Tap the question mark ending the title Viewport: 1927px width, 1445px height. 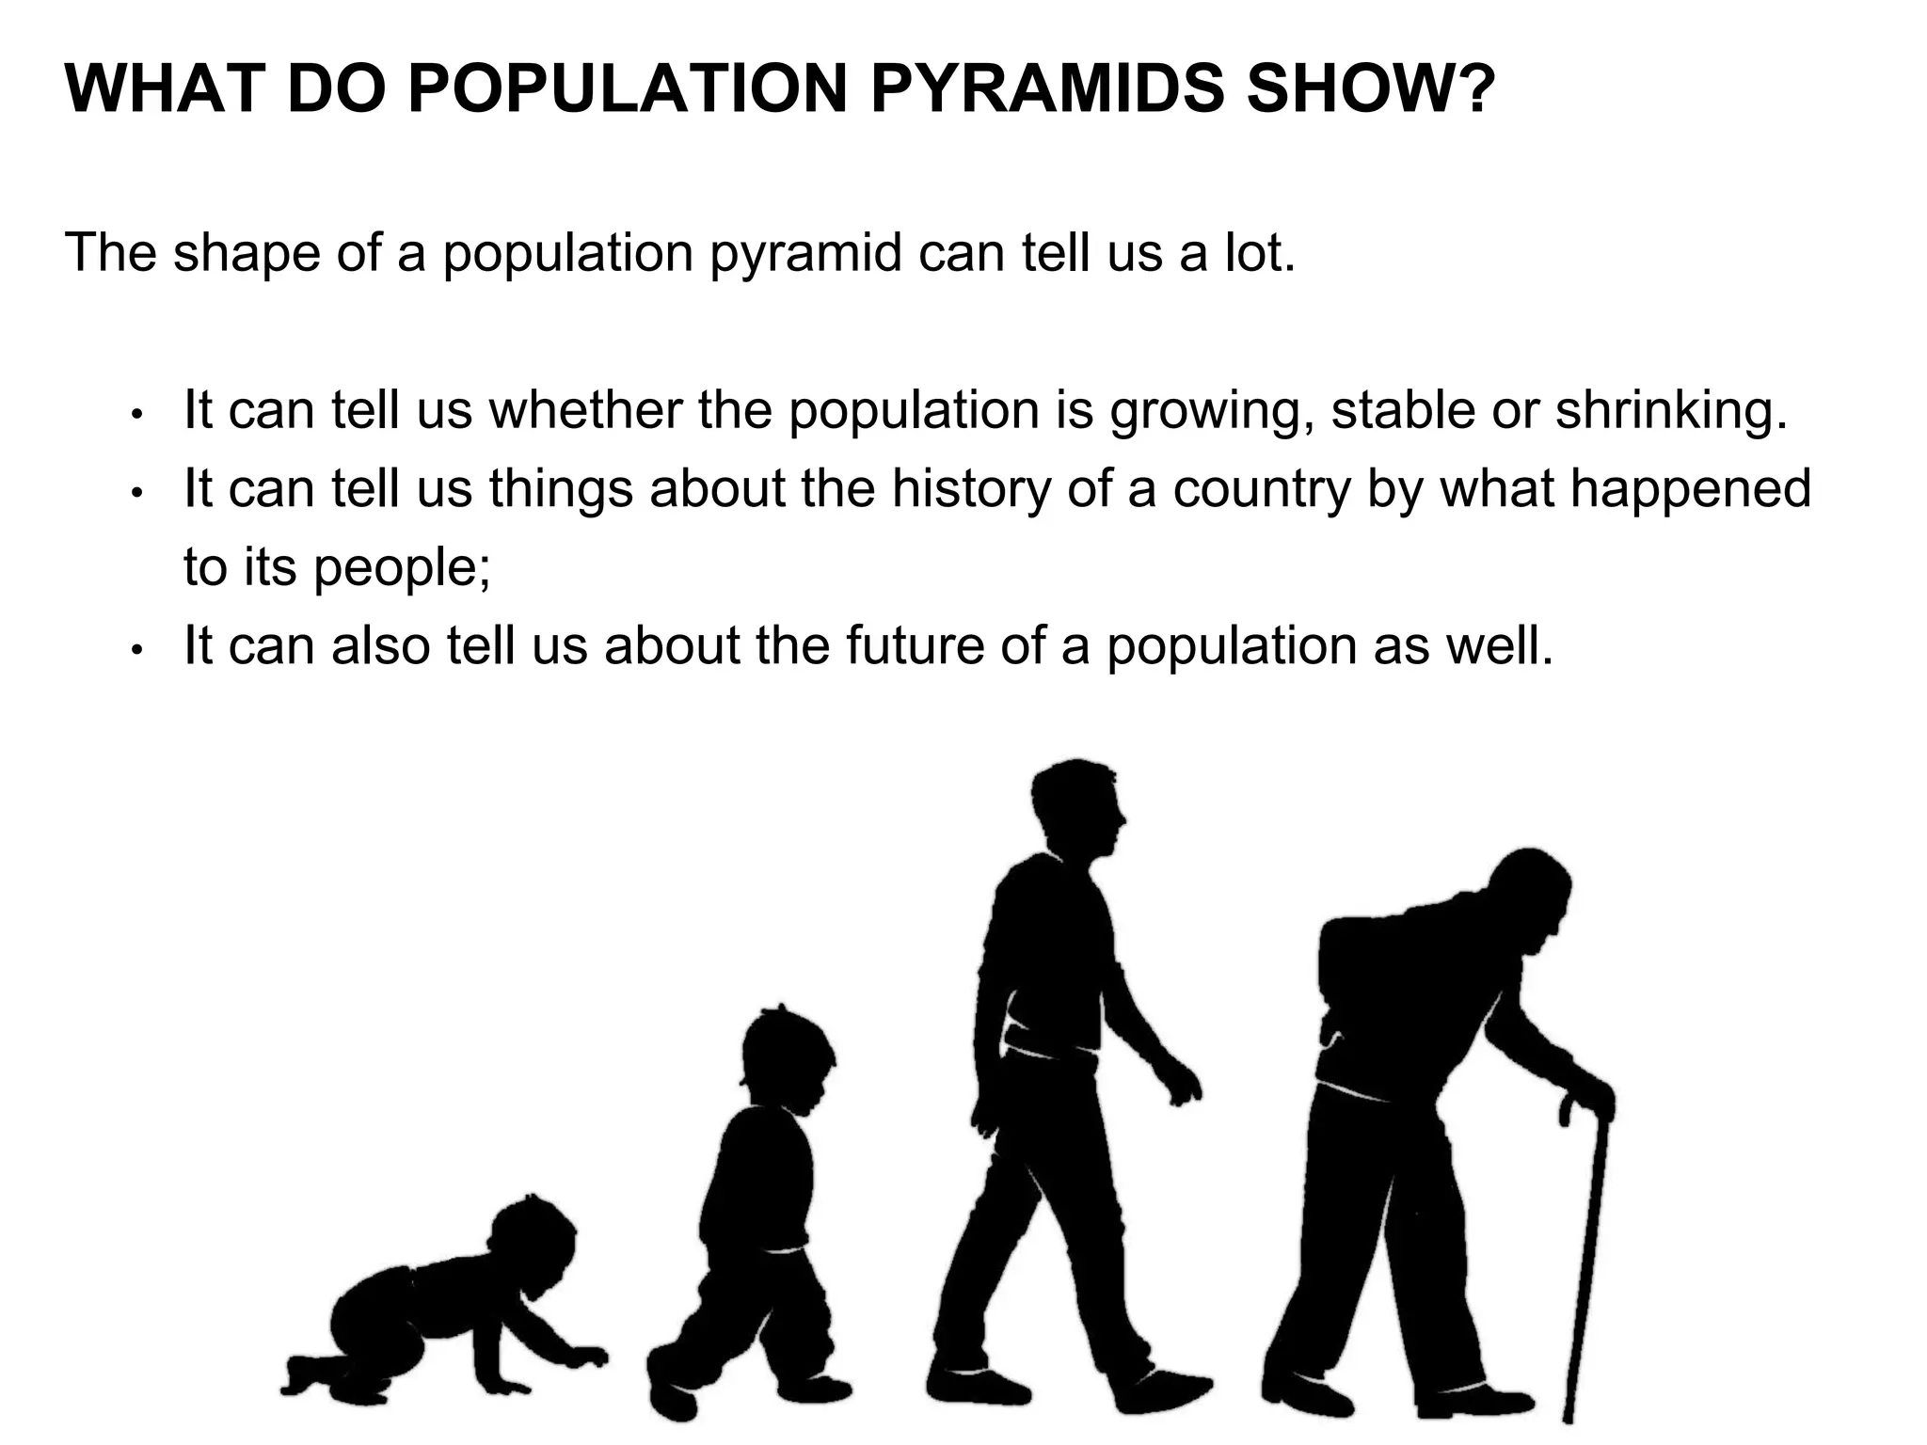(1467, 89)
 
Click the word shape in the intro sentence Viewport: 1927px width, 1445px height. (247, 253)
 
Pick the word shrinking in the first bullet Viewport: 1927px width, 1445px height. (1670, 411)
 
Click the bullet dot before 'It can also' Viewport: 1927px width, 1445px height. (137, 650)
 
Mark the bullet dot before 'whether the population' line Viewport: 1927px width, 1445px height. (137, 414)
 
